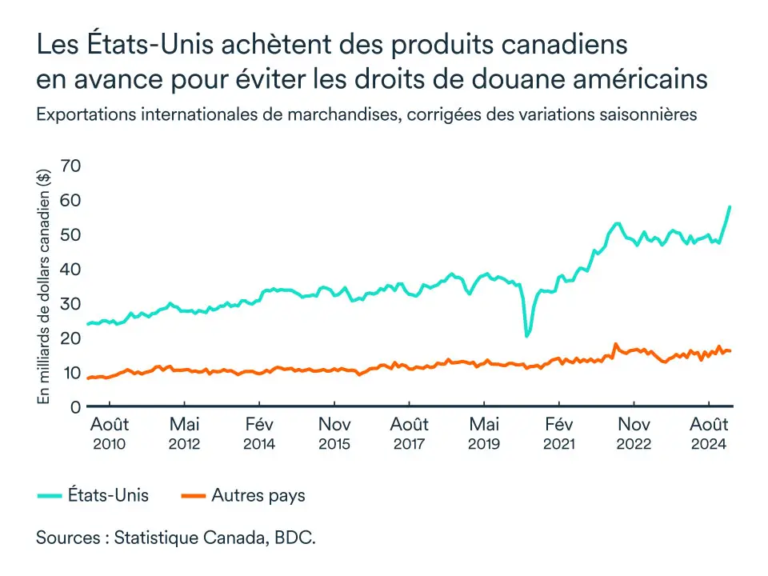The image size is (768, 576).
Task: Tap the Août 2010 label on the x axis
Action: pos(109,432)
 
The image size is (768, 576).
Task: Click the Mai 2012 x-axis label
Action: pos(184,432)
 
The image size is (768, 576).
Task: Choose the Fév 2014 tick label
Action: pos(259,432)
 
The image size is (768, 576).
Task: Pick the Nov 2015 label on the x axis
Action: pos(334,432)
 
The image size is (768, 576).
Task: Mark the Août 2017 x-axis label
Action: pos(409,432)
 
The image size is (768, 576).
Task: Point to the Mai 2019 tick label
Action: pos(484,432)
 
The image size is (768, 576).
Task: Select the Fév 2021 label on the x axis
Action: pos(558,432)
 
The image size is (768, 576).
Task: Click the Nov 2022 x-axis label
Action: pos(634,432)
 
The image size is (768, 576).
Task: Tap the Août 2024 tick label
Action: pos(709,432)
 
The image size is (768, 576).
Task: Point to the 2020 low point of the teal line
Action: pos(526,336)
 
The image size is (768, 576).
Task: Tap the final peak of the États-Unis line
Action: pos(730,206)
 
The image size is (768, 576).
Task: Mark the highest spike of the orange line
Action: pos(615,344)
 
